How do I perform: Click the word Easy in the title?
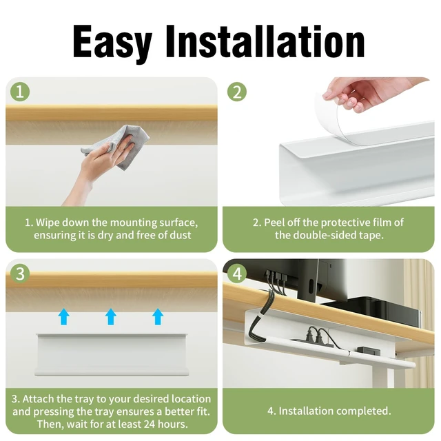112,42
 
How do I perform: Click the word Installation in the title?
265,41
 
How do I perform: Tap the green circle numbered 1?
20,92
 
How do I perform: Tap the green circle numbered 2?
237,92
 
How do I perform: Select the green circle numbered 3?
20,273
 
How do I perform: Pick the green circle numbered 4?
237,273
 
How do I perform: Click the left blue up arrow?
64,317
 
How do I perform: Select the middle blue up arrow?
111,317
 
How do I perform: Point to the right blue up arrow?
158,317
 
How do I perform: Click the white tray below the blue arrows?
111,355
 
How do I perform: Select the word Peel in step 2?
274,223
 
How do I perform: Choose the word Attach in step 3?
39,399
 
